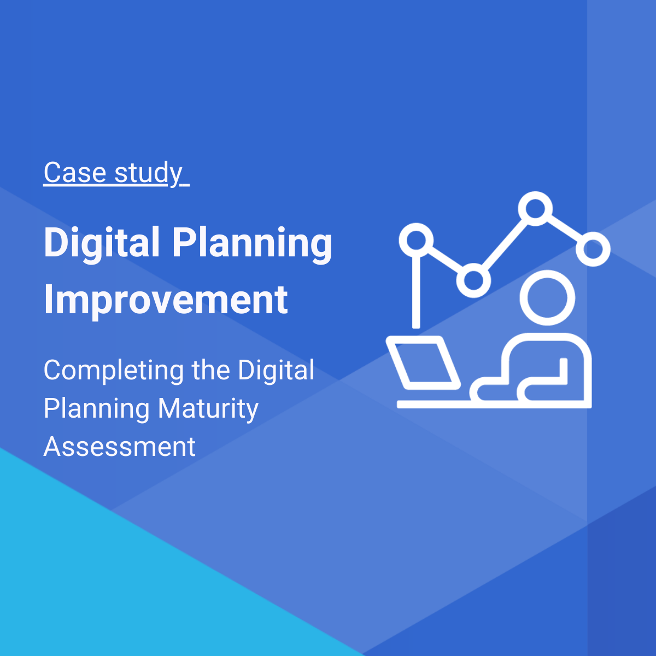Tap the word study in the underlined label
pyautogui.click(x=148, y=174)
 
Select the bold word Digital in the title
pyautogui.click(x=102, y=243)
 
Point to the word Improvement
pyautogui.click(x=166, y=300)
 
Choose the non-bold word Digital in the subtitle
pyautogui.click(x=276, y=371)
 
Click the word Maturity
pyautogui.click(x=208, y=409)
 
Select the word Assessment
pyautogui.click(x=119, y=447)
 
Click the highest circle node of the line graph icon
pyautogui.click(x=535, y=208)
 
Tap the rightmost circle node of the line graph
pyautogui.click(x=593, y=249)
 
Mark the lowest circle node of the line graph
pyautogui.click(x=473, y=280)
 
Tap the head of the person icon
pyautogui.click(x=547, y=298)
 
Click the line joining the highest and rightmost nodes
pyautogui.click(x=564, y=229)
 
